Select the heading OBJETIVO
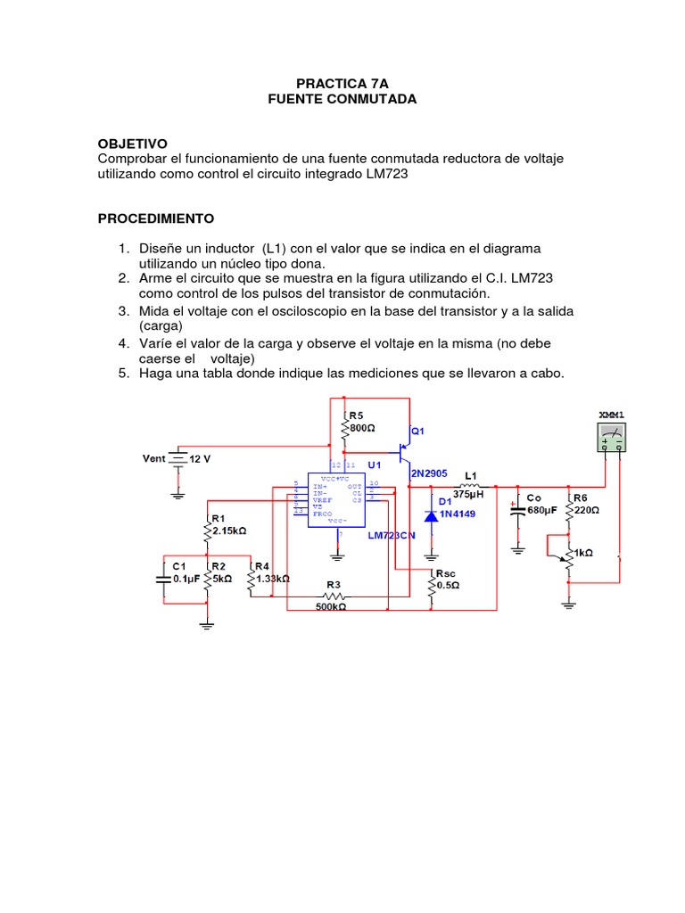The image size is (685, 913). (x=132, y=144)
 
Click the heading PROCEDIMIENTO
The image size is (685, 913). (x=155, y=218)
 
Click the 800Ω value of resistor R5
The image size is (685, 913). (x=361, y=428)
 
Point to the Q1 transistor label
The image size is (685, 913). (x=417, y=431)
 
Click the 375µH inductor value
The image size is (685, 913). (x=468, y=493)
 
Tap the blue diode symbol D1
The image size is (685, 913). (x=431, y=515)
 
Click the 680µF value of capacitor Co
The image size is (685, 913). (x=541, y=510)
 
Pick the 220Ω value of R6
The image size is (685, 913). (x=586, y=510)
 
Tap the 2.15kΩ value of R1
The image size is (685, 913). (x=227, y=530)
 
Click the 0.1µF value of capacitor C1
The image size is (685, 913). (x=186, y=578)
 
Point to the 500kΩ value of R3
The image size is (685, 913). (x=330, y=606)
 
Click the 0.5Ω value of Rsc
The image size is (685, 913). (x=448, y=585)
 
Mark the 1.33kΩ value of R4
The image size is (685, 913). (x=273, y=578)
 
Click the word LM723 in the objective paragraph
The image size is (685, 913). (x=386, y=175)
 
